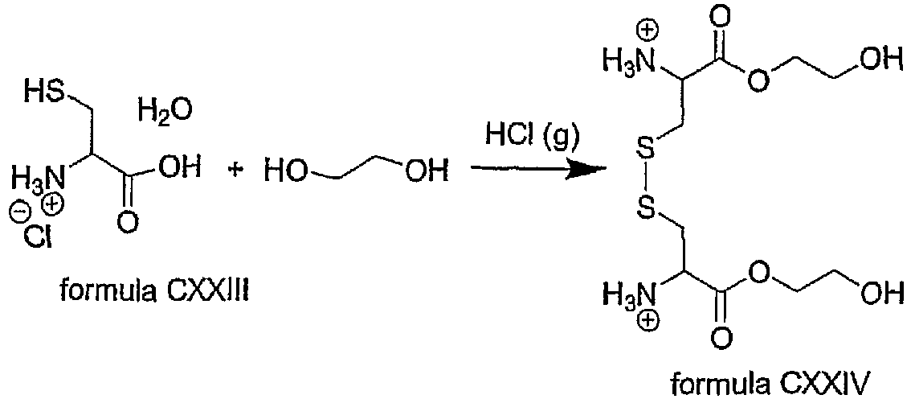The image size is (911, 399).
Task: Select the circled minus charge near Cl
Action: [x=17, y=216]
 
